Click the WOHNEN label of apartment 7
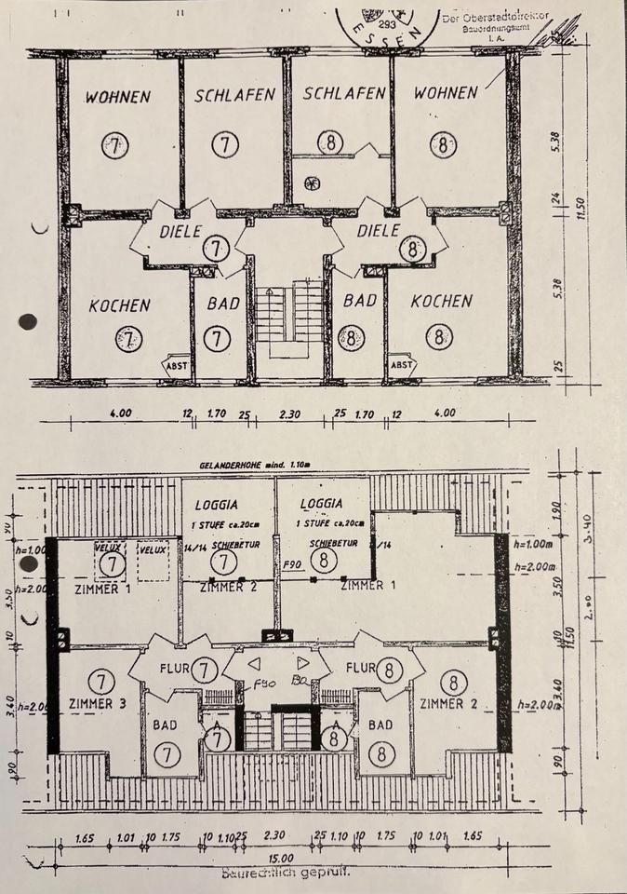coord(118,95)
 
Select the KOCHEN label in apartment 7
coord(119,305)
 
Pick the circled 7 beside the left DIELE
coord(216,249)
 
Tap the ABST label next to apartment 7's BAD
coord(176,365)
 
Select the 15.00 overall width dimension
coord(280,859)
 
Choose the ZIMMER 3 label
coord(98,704)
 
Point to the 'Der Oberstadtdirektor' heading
coord(495,19)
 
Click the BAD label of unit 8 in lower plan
coord(381,724)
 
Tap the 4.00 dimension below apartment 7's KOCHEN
coord(121,413)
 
